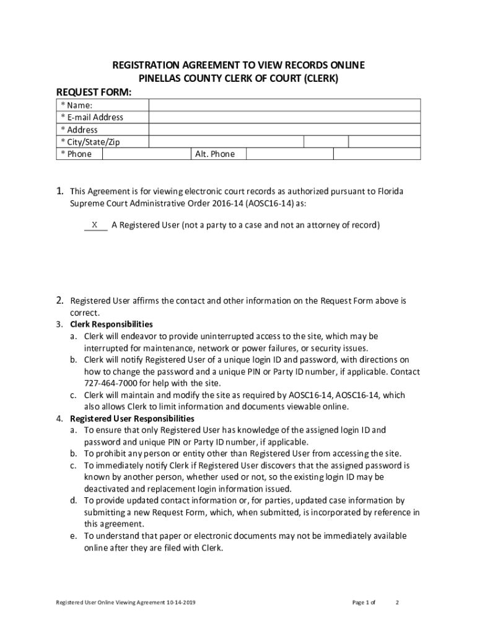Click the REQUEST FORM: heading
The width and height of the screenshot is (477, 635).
click(94, 91)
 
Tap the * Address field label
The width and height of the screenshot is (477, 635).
click(79, 130)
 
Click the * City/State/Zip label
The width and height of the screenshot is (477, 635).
click(90, 142)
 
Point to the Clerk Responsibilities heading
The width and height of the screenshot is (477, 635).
click(111, 324)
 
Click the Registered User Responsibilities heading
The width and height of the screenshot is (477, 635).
click(132, 419)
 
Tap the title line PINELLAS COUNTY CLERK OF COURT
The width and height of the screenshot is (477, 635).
click(238, 79)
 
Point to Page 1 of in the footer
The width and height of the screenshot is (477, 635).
click(364, 602)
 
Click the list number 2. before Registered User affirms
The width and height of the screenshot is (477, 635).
click(61, 301)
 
